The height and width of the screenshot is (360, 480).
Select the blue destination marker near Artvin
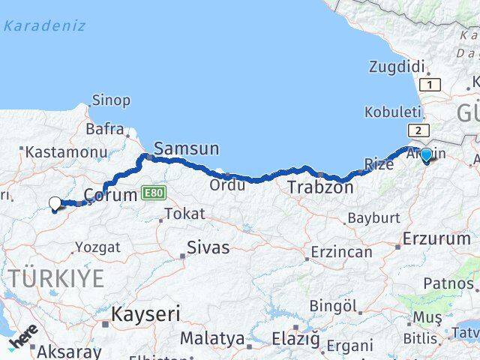(x=426, y=155)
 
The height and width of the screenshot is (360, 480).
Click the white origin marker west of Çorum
(x=55, y=202)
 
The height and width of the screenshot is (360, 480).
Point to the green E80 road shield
(x=152, y=193)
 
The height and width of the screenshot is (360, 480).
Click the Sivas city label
(x=208, y=247)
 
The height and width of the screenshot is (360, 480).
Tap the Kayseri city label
(x=146, y=313)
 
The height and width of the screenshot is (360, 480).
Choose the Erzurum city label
(x=436, y=238)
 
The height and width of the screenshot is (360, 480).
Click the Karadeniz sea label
(x=44, y=26)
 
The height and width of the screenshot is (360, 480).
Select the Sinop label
(x=111, y=100)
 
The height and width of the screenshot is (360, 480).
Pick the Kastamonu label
(x=66, y=151)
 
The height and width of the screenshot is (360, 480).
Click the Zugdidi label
(x=397, y=67)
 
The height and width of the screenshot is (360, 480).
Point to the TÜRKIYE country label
(x=58, y=278)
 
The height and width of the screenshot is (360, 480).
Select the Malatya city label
(x=212, y=338)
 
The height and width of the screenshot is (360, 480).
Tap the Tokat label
(x=184, y=214)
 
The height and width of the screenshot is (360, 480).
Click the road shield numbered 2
(x=415, y=130)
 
